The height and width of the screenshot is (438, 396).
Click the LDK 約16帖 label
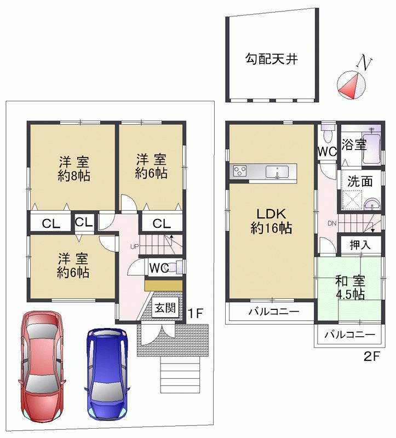(x=271, y=221)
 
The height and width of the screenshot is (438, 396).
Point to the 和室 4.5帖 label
(x=350, y=288)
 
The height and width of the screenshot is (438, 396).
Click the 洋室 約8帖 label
(x=74, y=169)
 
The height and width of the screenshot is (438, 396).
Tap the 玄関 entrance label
(x=164, y=308)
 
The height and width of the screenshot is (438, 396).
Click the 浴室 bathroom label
(x=353, y=145)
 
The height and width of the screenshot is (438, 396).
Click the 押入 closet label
(x=359, y=245)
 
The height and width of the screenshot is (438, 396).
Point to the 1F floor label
(x=196, y=314)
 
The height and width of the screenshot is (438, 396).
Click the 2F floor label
(x=372, y=356)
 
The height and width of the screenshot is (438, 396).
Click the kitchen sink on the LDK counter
(x=277, y=172)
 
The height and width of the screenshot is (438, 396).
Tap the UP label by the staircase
(x=134, y=246)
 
